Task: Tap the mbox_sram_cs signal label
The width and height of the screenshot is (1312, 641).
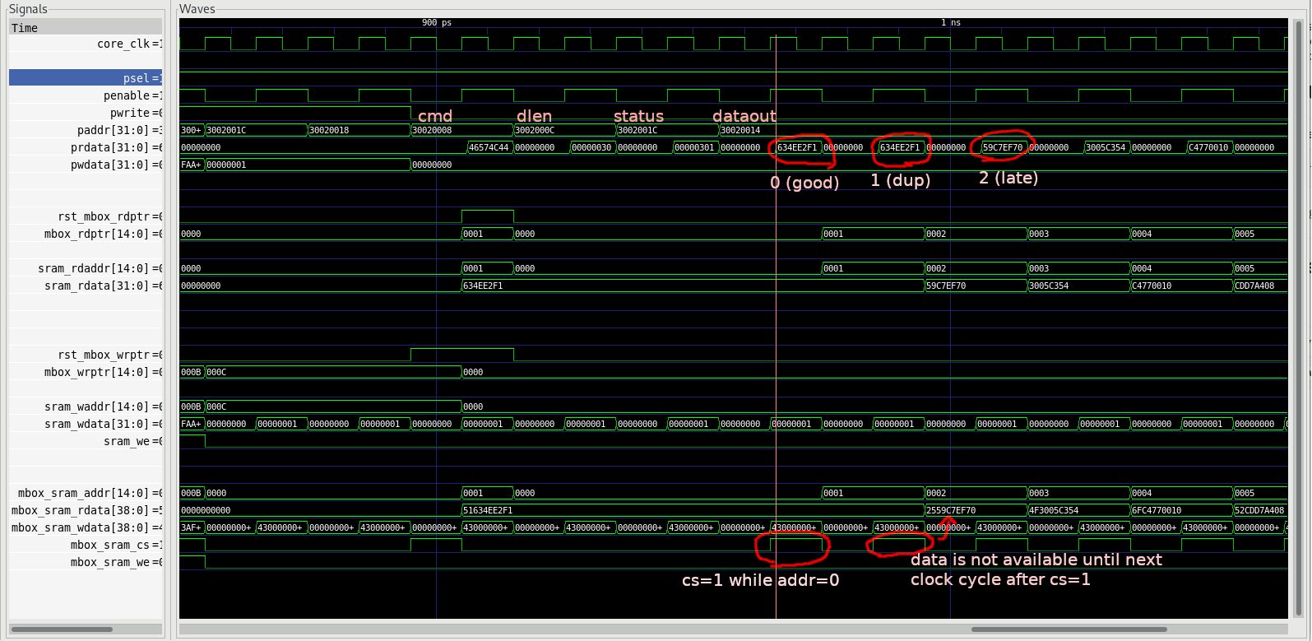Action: (x=114, y=545)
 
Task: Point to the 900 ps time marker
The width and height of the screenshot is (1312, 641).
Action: (x=436, y=23)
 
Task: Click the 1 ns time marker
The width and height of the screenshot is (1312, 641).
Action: (x=950, y=23)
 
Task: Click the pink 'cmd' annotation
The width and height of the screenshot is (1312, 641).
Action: (x=435, y=116)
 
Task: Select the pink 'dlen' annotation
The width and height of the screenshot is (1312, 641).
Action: (x=534, y=116)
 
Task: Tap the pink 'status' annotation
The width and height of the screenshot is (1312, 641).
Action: (x=638, y=116)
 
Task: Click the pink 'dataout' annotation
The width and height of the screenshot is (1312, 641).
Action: (x=744, y=116)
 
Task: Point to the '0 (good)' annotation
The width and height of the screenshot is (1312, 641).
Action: (x=804, y=183)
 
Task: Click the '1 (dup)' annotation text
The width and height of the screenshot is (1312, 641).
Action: (x=900, y=180)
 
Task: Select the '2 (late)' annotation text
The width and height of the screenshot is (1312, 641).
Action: (x=1008, y=178)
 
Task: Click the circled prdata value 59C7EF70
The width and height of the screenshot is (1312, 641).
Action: (x=1003, y=147)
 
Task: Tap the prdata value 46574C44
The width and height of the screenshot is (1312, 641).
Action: (x=489, y=147)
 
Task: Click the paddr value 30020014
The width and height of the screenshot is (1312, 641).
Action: (x=740, y=130)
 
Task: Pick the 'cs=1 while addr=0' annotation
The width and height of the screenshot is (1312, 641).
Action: (x=760, y=580)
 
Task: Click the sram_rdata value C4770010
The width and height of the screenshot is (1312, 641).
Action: (x=1157, y=286)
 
